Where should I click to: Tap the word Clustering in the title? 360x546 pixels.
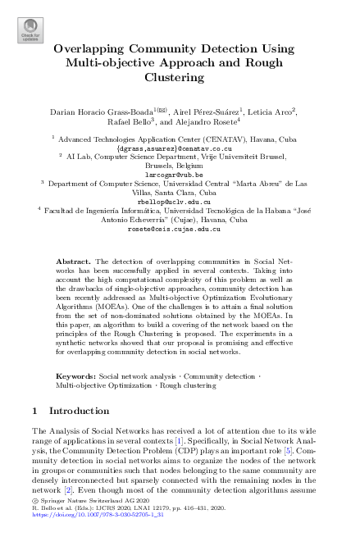tap(180, 78)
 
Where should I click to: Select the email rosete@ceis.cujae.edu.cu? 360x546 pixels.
tap(180, 229)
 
